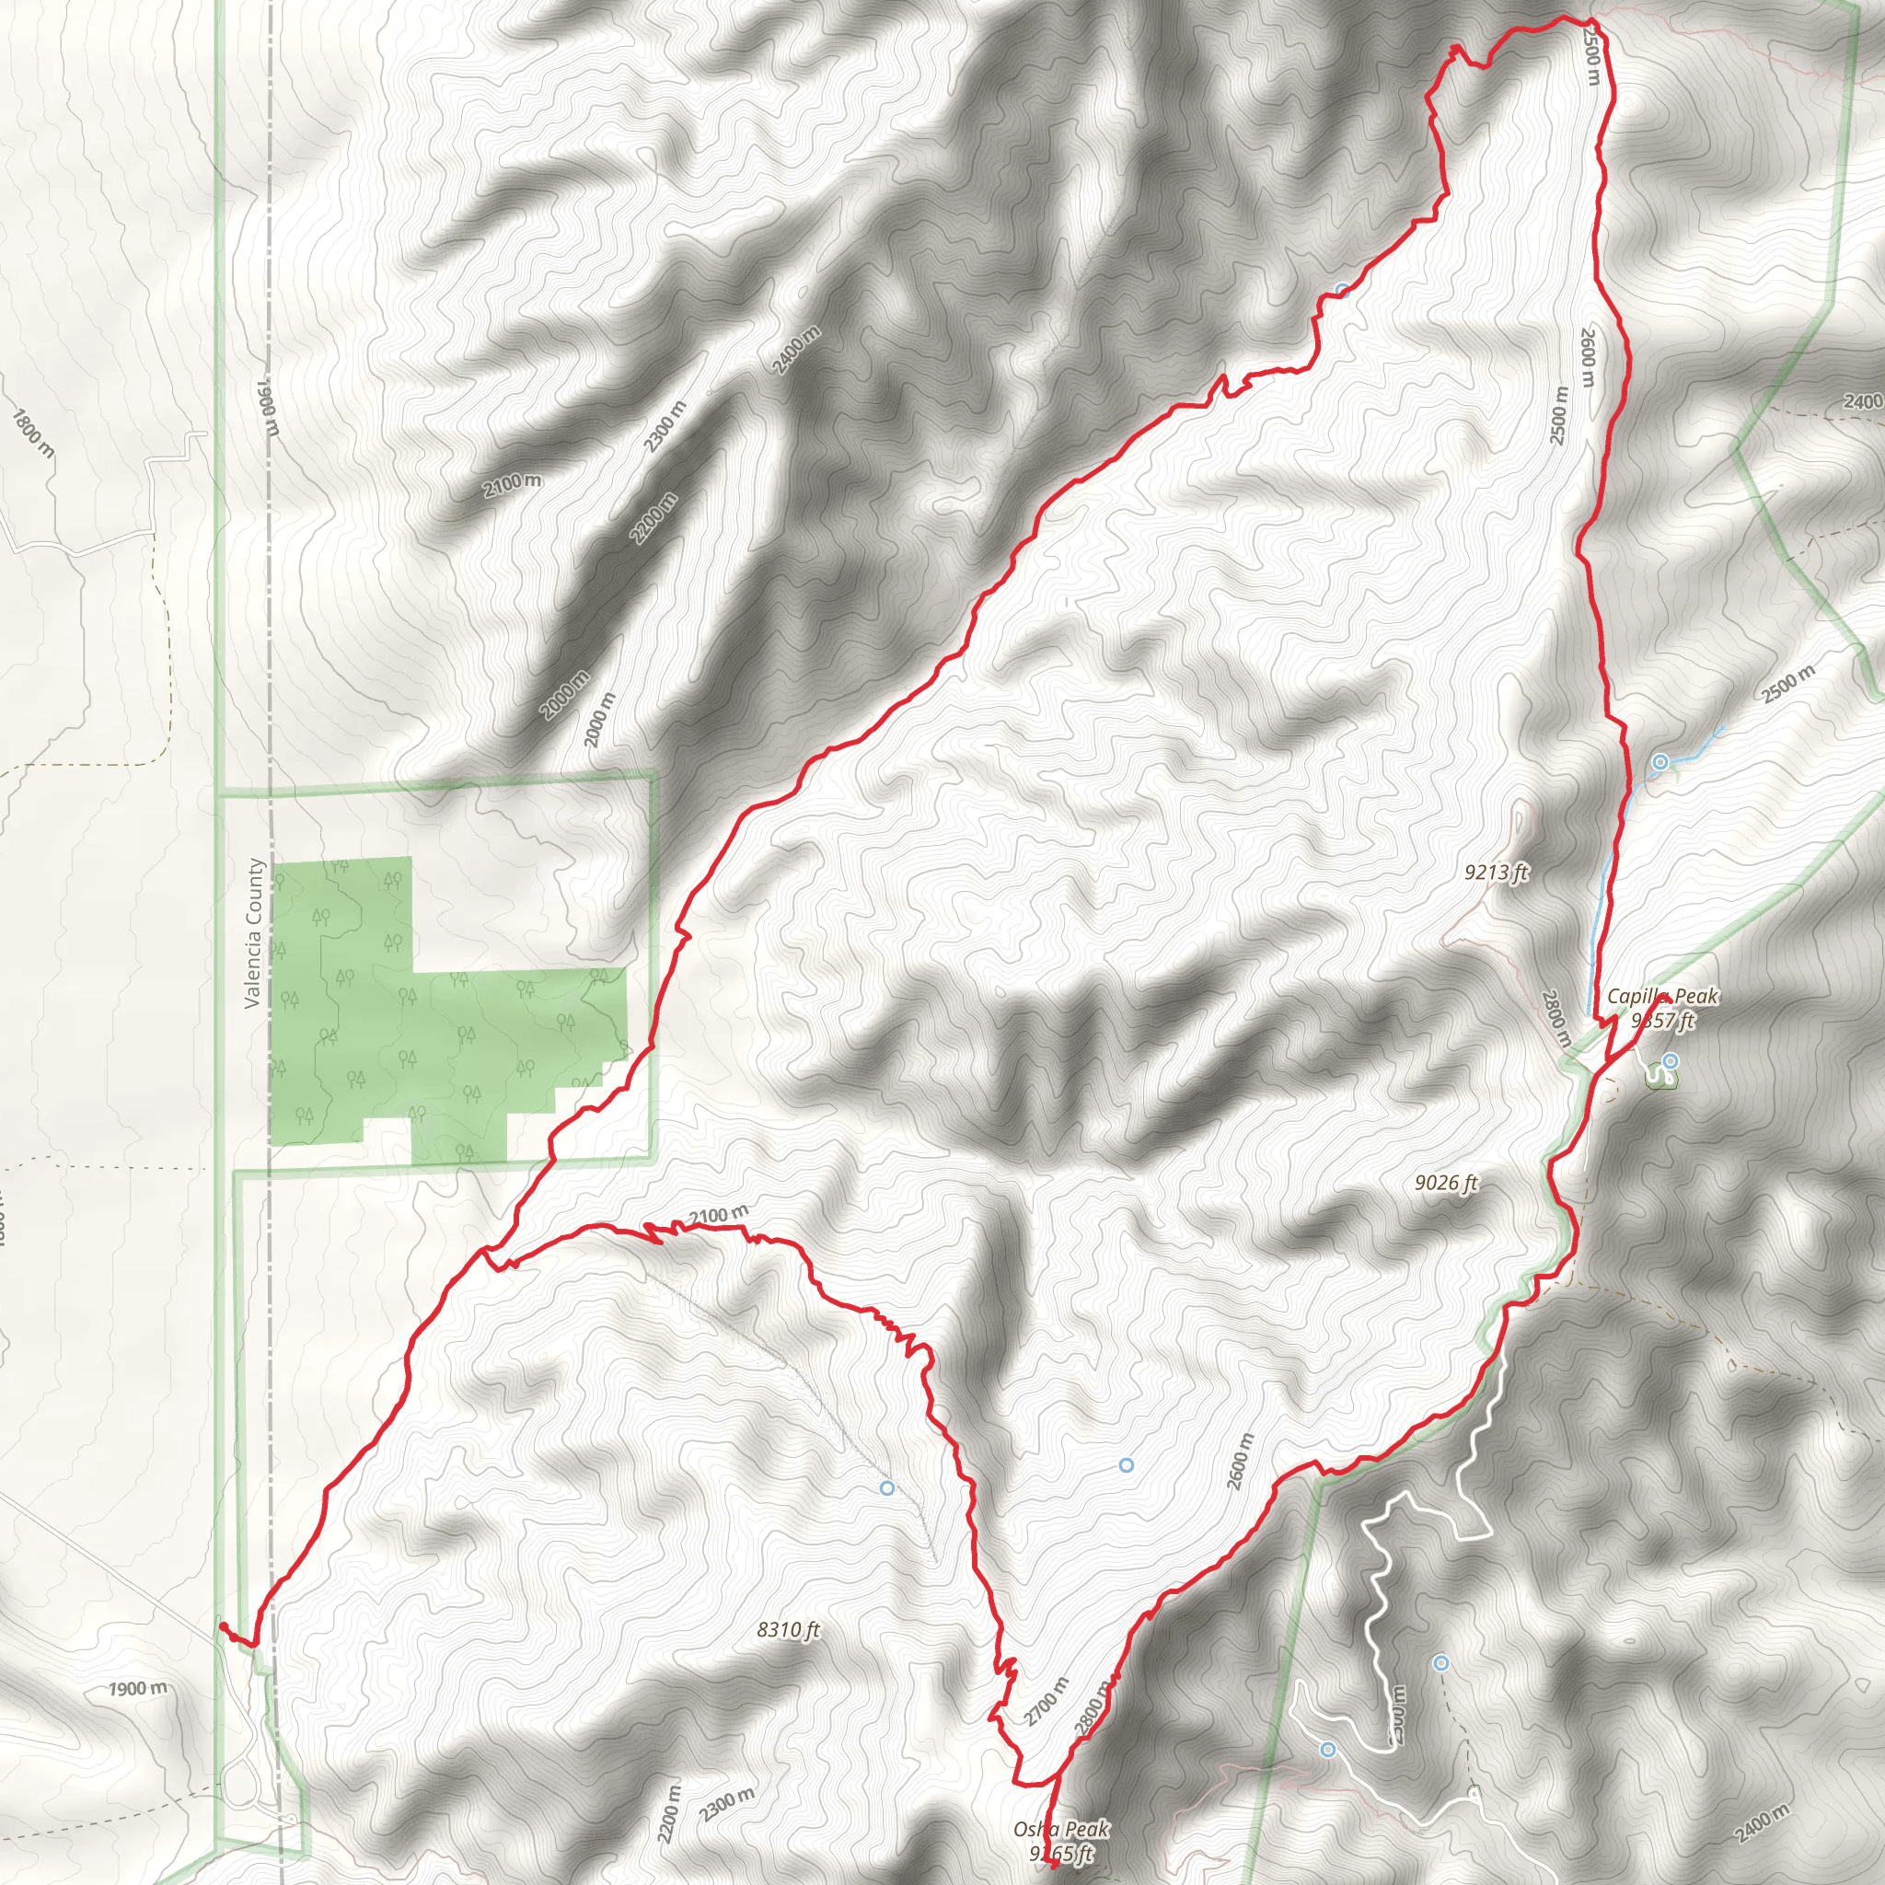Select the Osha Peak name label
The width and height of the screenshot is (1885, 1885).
(1060, 1830)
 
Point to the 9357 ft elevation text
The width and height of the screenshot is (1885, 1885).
(1662, 1021)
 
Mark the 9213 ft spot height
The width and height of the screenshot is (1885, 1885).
(1496, 873)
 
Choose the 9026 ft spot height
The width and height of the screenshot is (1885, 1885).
(1446, 1184)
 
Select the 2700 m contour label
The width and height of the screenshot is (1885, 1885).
(1047, 1702)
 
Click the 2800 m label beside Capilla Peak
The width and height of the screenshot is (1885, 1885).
(1556, 1019)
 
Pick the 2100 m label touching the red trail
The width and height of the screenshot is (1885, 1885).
(718, 1216)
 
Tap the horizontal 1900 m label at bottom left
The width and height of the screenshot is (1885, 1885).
(136, 1689)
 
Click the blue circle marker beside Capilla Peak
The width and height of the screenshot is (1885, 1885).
(1671, 1060)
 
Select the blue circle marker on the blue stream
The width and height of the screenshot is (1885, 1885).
(1659, 762)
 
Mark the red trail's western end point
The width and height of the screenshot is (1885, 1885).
(222, 1625)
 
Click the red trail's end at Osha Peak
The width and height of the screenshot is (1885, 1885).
(1055, 1865)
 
